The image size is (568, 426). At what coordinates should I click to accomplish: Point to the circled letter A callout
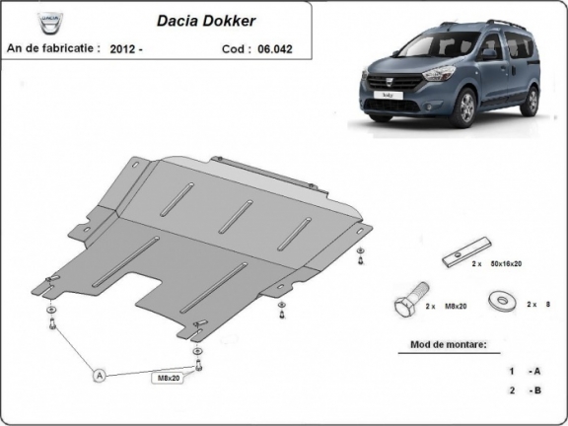click(x=99, y=374)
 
